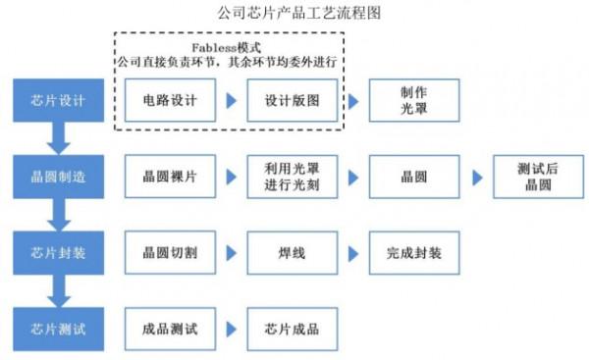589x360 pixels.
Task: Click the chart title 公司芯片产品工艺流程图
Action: point(294,13)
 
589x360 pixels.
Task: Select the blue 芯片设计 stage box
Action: point(59,100)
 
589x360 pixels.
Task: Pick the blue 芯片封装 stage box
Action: point(59,252)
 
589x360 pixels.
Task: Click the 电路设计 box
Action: point(169,100)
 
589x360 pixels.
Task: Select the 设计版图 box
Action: point(292,100)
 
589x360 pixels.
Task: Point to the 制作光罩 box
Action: point(413,100)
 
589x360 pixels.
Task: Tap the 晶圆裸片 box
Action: point(169,177)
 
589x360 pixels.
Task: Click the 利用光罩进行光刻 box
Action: point(292,177)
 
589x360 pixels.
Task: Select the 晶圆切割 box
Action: point(169,252)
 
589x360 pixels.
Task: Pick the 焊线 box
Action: point(292,252)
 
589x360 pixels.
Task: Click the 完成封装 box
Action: point(413,252)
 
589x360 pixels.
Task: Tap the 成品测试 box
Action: point(169,329)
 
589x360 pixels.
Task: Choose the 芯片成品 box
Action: point(292,329)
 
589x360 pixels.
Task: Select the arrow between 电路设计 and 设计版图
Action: point(231,100)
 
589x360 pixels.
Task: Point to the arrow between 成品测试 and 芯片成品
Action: point(231,329)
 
